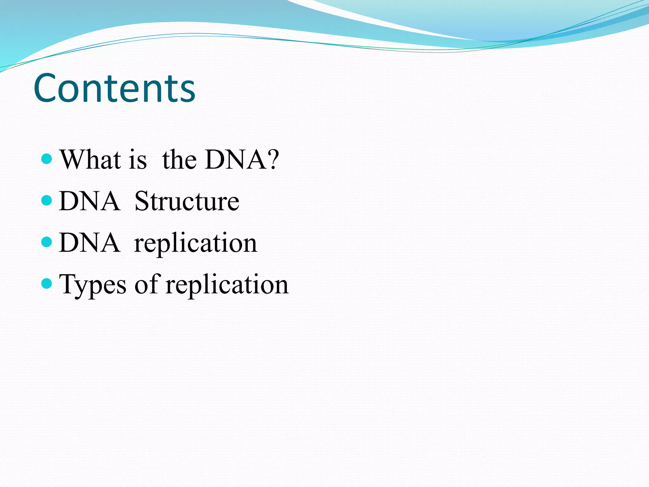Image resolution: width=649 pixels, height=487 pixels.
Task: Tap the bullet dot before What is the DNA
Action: tap(47, 159)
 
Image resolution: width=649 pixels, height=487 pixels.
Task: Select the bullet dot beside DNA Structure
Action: tap(47, 200)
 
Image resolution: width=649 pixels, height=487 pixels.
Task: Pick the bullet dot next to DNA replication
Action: tap(47, 242)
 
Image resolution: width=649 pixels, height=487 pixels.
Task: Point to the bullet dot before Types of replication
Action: tap(47, 283)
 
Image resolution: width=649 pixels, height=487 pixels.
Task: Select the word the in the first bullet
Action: tap(179, 159)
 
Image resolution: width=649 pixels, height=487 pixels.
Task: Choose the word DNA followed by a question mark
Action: tap(236, 159)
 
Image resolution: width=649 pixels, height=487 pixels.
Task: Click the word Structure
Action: tap(187, 201)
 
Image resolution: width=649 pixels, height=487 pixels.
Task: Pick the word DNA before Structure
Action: tap(89, 201)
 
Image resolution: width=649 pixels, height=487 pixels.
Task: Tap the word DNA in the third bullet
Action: tap(89, 243)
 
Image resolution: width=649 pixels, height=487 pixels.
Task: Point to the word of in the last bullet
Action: tap(146, 284)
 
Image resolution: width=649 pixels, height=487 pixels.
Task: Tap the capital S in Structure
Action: tap(142, 201)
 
